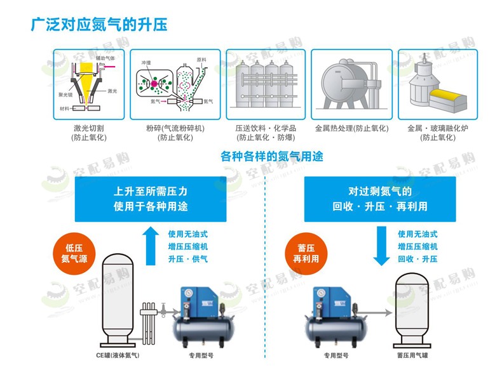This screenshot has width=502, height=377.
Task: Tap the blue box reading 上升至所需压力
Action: (151, 198)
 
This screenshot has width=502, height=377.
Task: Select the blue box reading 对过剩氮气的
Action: (380, 198)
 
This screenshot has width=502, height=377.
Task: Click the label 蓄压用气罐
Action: (412, 355)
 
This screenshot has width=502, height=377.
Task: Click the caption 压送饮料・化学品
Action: (261, 128)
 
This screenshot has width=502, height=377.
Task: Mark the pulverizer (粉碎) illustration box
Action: (175, 84)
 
